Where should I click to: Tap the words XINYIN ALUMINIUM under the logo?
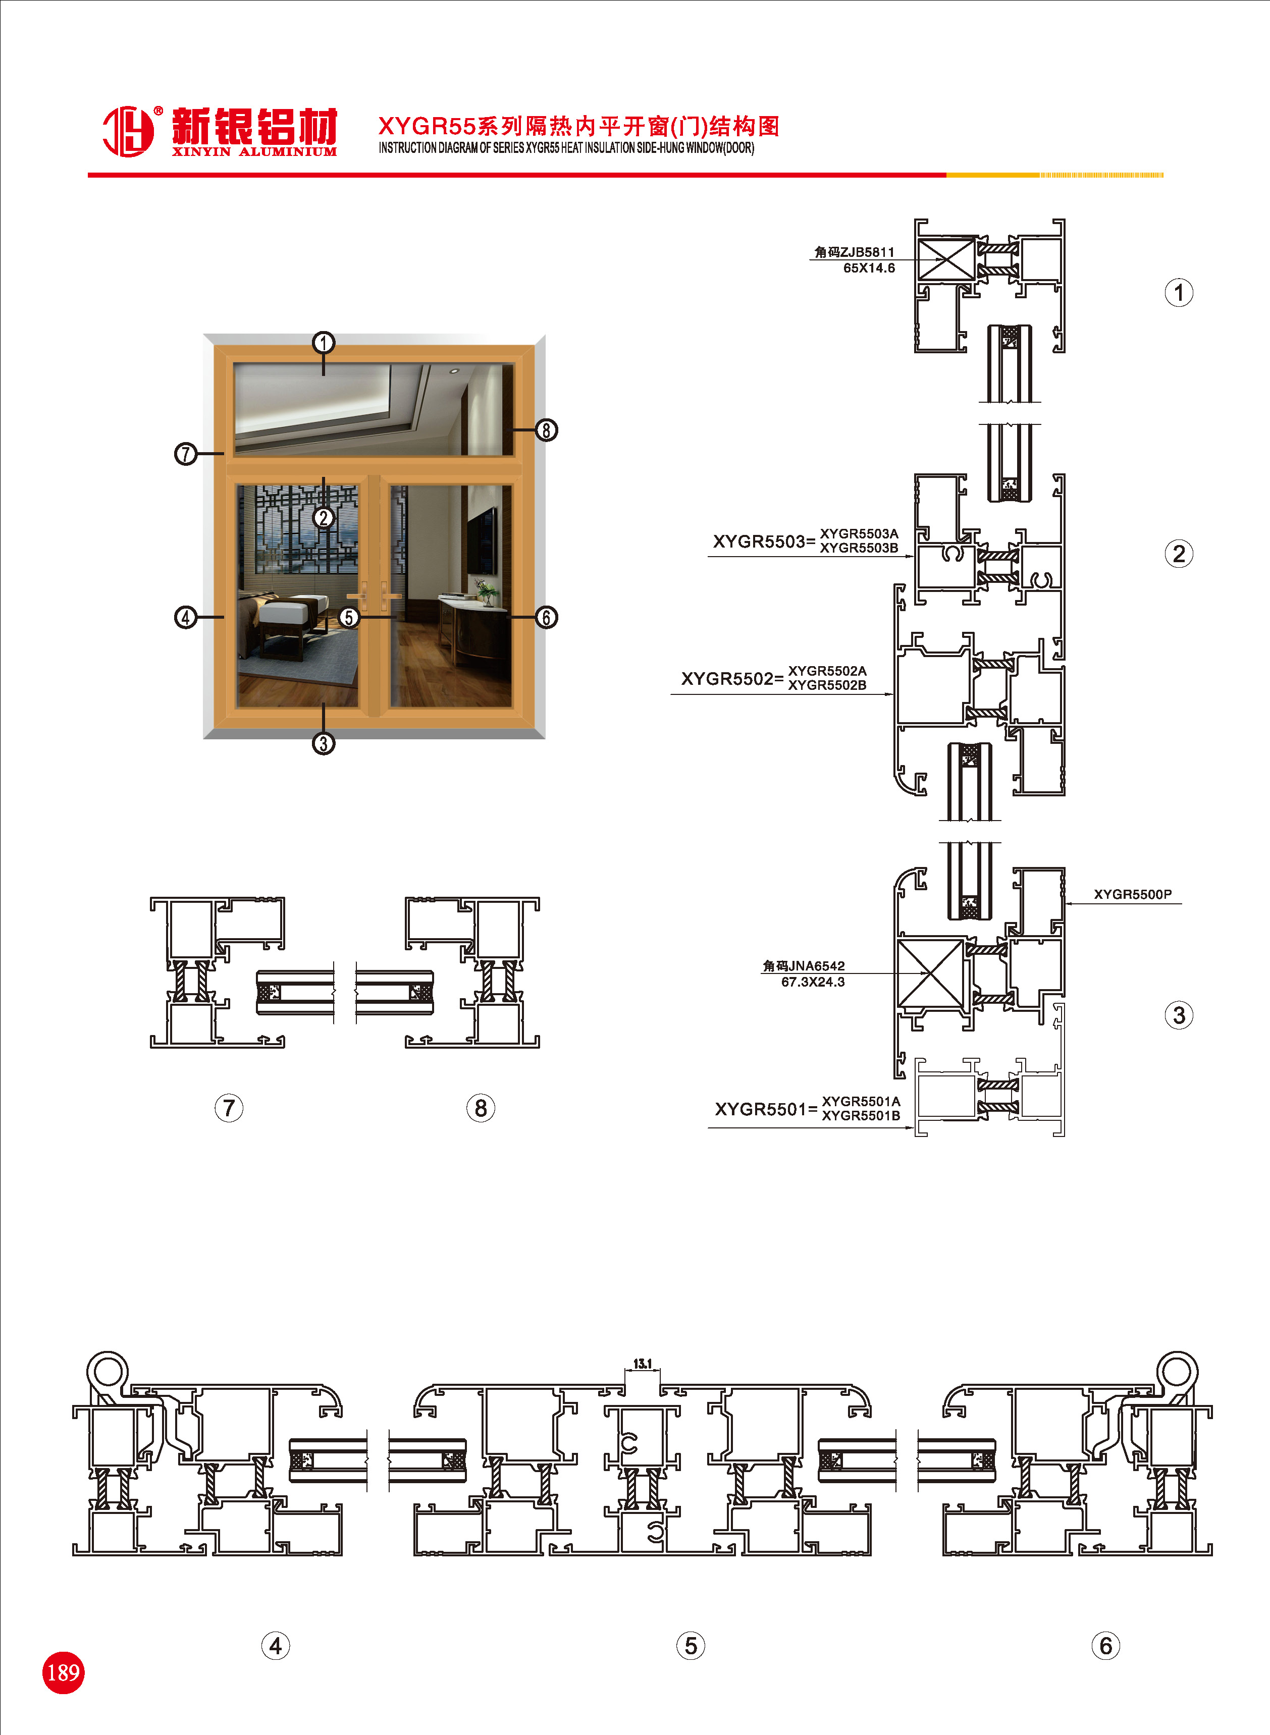(254, 151)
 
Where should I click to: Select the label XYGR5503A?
(859, 533)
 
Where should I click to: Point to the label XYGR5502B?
(827, 685)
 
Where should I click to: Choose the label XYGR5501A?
(861, 1101)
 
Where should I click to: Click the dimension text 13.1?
(643, 1364)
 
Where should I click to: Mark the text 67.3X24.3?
(813, 981)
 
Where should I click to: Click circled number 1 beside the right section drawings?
(1179, 293)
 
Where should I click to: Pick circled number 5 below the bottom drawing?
(691, 1645)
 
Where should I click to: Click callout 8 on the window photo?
(546, 429)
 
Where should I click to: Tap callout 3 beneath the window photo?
(324, 743)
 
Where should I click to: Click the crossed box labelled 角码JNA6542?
(930, 973)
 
